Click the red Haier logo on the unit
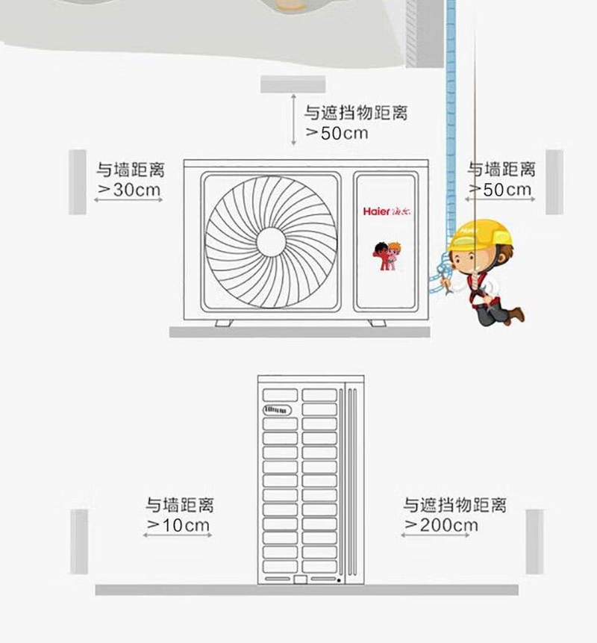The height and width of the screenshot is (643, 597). pyautogui.click(x=387, y=211)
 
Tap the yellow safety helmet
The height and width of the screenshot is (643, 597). pyautogui.click(x=481, y=236)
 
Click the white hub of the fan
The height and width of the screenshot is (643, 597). pyautogui.click(x=271, y=242)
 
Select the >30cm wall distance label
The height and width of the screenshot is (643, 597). pyautogui.click(x=130, y=190)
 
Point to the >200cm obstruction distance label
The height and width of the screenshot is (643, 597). pyautogui.click(x=441, y=525)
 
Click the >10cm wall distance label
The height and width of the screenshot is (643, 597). pyautogui.click(x=178, y=525)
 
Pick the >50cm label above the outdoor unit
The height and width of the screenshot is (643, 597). pyautogui.click(x=337, y=133)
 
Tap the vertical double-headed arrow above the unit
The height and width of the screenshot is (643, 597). pyautogui.click(x=293, y=119)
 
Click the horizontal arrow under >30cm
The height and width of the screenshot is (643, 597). pyautogui.click(x=128, y=200)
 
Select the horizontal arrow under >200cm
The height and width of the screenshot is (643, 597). pyautogui.click(x=435, y=535)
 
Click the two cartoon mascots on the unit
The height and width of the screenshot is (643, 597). pyautogui.click(x=387, y=256)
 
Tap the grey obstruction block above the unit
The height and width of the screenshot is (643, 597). pyautogui.click(x=293, y=84)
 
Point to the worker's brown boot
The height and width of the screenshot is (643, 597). pyautogui.click(x=516, y=315)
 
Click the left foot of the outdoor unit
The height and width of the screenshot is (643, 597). pyautogui.click(x=224, y=323)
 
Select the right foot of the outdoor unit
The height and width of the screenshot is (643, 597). pyautogui.click(x=377, y=323)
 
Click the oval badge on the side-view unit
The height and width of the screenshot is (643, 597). pyautogui.click(x=277, y=410)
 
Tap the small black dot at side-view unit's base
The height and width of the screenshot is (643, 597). pyautogui.click(x=339, y=581)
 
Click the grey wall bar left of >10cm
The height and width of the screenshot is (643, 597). pyautogui.click(x=79, y=541)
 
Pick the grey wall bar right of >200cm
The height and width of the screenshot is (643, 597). pyautogui.click(x=534, y=541)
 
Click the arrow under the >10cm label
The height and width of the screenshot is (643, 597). pyautogui.click(x=178, y=535)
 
